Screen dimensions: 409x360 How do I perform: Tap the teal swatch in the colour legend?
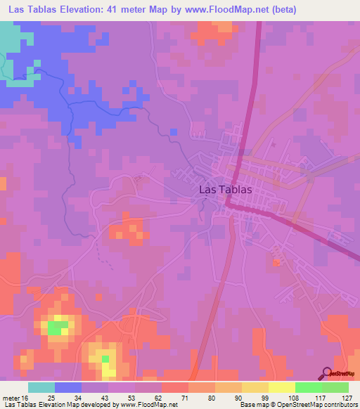[41, 387]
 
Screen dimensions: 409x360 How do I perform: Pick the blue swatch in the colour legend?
[68, 387]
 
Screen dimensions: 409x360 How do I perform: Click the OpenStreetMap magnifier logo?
[326, 373]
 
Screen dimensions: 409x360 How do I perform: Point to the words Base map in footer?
[254, 405]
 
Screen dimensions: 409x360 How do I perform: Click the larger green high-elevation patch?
[58, 326]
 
